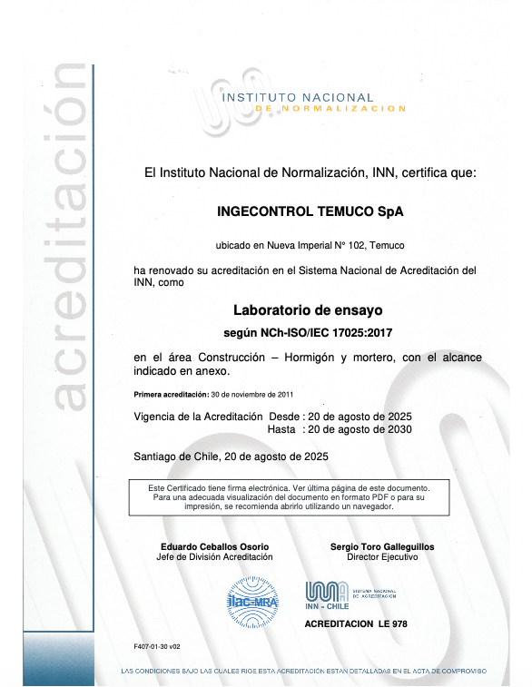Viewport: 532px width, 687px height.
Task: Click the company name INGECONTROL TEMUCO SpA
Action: pos(309,211)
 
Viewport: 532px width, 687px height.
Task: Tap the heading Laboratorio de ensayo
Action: pos(309,309)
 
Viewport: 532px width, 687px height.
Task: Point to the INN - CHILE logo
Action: pos(326,595)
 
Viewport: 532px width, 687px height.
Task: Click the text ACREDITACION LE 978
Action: pos(356,625)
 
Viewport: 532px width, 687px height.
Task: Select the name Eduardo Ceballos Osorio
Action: pos(215,547)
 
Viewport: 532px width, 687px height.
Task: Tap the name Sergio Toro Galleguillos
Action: pos(382,547)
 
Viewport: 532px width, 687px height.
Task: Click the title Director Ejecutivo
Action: pos(382,557)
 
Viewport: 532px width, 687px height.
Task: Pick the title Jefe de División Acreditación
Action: pos(215,557)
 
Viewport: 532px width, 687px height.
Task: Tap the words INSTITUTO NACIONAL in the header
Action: pos(298,97)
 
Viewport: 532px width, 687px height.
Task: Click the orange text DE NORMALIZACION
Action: pos(330,109)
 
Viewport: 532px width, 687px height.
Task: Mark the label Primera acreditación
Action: pos(171,395)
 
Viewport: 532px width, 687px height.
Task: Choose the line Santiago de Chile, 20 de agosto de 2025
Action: pos(231,456)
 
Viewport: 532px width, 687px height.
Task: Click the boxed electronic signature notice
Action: pos(297,497)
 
